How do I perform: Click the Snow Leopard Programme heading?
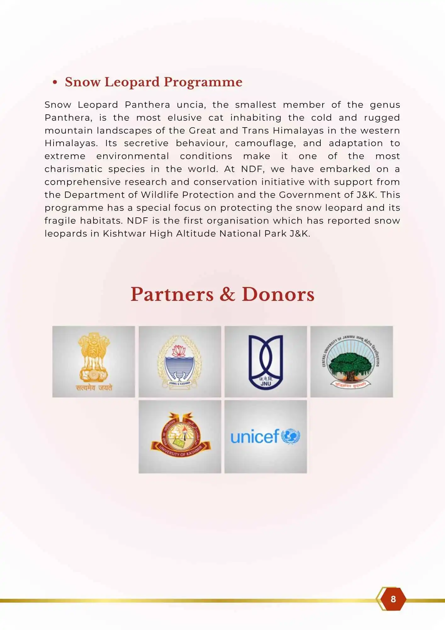(154, 82)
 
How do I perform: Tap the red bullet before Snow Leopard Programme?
(55, 83)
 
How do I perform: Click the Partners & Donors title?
(222, 295)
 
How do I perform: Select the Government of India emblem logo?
(93, 361)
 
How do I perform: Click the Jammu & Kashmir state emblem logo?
(180, 362)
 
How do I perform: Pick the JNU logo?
(266, 362)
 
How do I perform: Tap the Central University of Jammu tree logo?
(352, 362)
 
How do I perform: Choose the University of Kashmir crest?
(180, 436)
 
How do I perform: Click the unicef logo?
(266, 437)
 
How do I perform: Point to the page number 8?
(393, 599)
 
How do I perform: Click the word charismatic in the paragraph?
(73, 169)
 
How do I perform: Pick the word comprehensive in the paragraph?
(83, 182)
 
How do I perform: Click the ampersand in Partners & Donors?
(227, 295)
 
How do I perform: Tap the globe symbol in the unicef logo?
(290, 437)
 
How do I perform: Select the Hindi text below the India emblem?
(94, 388)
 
